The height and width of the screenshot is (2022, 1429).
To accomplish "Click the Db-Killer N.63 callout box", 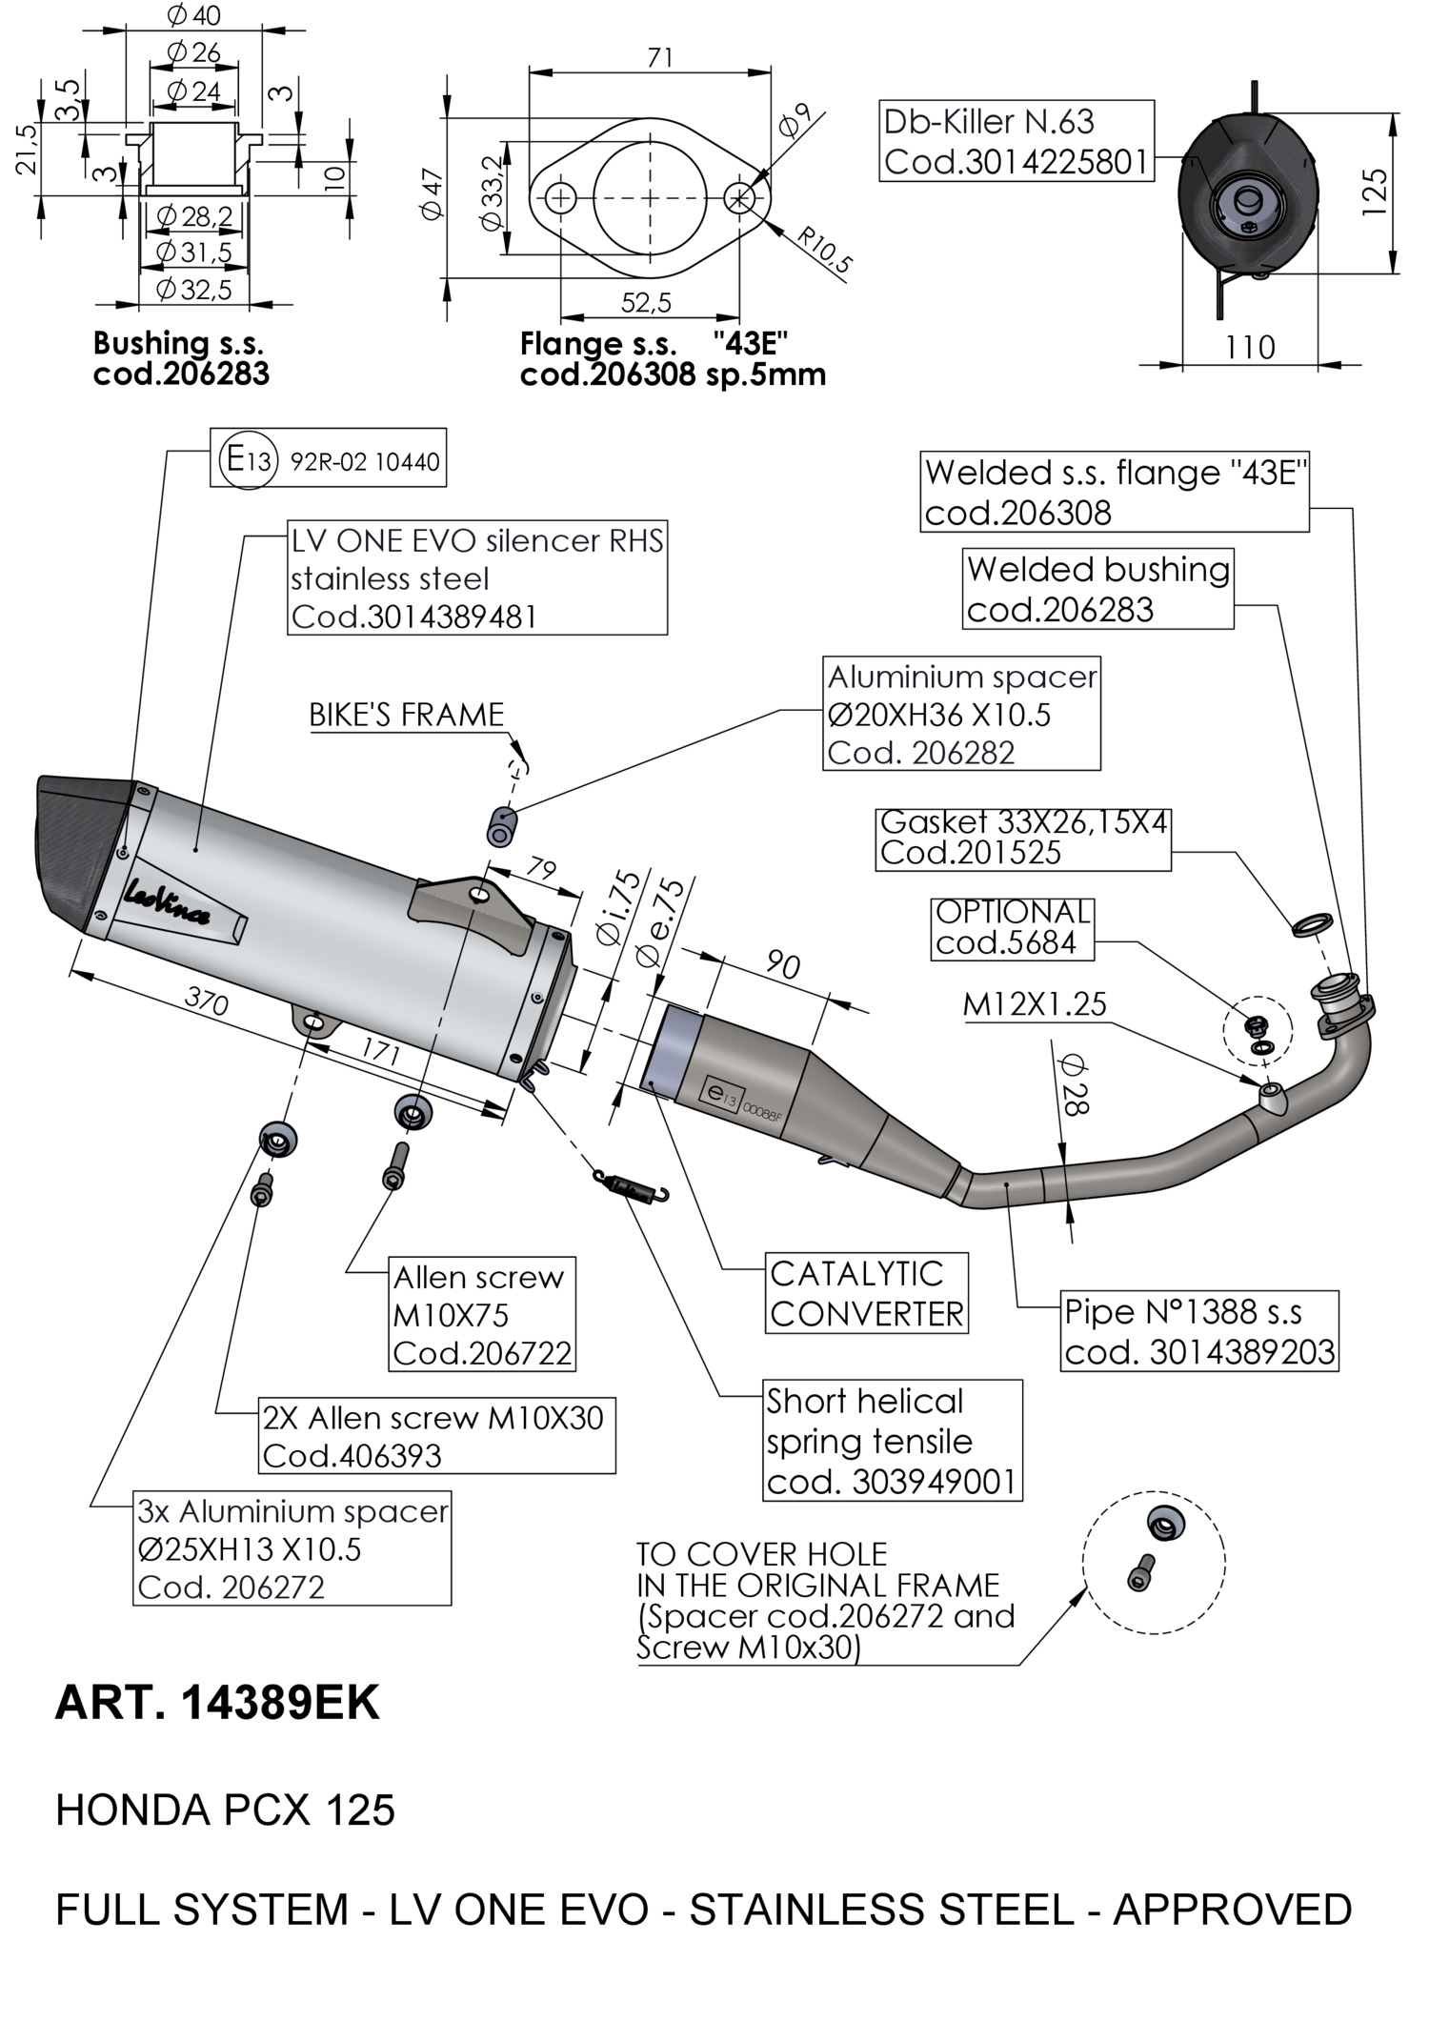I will (x=1016, y=141).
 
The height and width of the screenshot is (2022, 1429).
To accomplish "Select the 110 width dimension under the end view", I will (x=1249, y=347).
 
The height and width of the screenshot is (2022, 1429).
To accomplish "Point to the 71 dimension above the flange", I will (x=659, y=58).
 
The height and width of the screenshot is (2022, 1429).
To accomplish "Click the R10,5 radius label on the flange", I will (x=823, y=251).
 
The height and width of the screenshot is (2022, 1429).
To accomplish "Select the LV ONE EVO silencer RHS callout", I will (x=477, y=578).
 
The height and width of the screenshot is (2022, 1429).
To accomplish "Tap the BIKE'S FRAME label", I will (x=407, y=715).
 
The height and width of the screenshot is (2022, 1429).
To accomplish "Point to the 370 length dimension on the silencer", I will (x=206, y=1001).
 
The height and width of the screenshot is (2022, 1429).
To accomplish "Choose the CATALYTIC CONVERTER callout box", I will (x=866, y=1294).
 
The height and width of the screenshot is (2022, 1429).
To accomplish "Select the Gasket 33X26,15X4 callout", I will (x=1023, y=838).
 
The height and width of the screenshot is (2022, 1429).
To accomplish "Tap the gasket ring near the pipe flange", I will (x=1312, y=923).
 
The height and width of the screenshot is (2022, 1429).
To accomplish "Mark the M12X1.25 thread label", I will (x=1035, y=1004).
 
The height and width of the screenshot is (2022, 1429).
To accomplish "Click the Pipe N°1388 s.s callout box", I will (x=1198, y=1331).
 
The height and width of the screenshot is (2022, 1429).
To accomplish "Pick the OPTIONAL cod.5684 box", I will (x=1012, y=927).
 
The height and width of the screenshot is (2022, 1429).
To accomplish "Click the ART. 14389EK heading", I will (x=217, y=1703).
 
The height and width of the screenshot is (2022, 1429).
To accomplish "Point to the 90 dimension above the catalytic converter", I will (x=782, y=965).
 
